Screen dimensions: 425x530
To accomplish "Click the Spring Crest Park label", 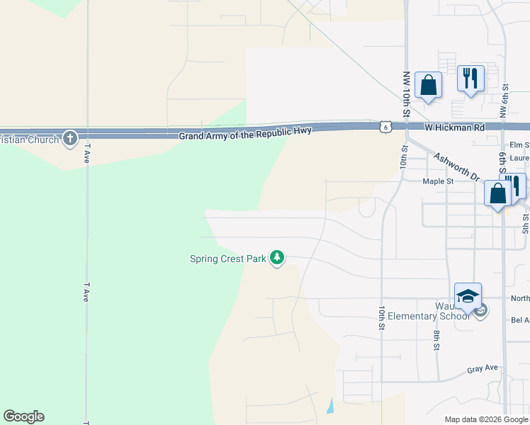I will pos(227,259).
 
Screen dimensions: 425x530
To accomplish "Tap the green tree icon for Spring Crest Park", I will pos(278,259).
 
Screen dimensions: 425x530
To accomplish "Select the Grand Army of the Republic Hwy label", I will pos(244,135).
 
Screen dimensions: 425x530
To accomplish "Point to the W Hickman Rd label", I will pos(455,127).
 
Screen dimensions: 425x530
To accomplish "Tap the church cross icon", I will pos(69,137).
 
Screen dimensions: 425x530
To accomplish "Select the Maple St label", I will pos(438,181).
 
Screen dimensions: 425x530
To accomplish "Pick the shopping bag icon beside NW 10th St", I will pos(428,86).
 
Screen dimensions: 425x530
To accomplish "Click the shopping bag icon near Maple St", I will pos(497,193).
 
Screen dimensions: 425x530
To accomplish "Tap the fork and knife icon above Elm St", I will pos(470,78).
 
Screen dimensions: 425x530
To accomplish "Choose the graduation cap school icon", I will pos(468,296).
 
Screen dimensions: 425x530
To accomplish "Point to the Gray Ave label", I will pos(483,369).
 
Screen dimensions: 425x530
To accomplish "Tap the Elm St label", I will pos(519,145).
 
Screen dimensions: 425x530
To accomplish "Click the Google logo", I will pos(23,416).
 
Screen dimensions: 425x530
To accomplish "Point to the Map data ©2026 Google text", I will pos(486,419).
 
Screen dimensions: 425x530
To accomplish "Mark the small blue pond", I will pos(330,407).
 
